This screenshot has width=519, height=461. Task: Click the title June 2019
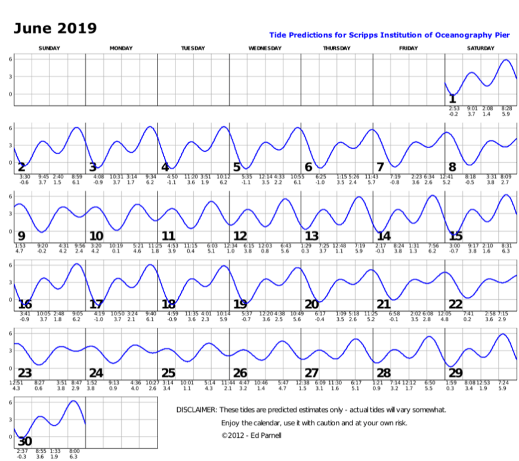(55, 28)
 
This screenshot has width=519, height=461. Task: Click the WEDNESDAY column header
(265, 48)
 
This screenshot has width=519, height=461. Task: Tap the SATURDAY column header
(480, 48)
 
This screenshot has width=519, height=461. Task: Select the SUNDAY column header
(49, 48)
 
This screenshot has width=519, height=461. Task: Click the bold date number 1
(452, 99)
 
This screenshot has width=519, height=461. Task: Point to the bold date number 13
(311, 236)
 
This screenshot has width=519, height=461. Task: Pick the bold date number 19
(240, 304)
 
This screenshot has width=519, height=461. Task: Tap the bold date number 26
(240, 373)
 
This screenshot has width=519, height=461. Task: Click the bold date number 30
(25, 442)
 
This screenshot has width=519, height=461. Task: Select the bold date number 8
(452, 167)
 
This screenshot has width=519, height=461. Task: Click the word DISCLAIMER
(195, 410)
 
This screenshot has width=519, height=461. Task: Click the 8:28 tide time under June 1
(506, 108)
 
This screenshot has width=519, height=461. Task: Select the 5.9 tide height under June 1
(506, 113)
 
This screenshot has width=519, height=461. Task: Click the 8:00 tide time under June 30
(75, 451)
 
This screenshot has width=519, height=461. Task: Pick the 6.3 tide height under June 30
(75, 456)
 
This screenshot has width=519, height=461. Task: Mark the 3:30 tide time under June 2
(24, 177)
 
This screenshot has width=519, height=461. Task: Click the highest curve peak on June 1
(506, 60)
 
